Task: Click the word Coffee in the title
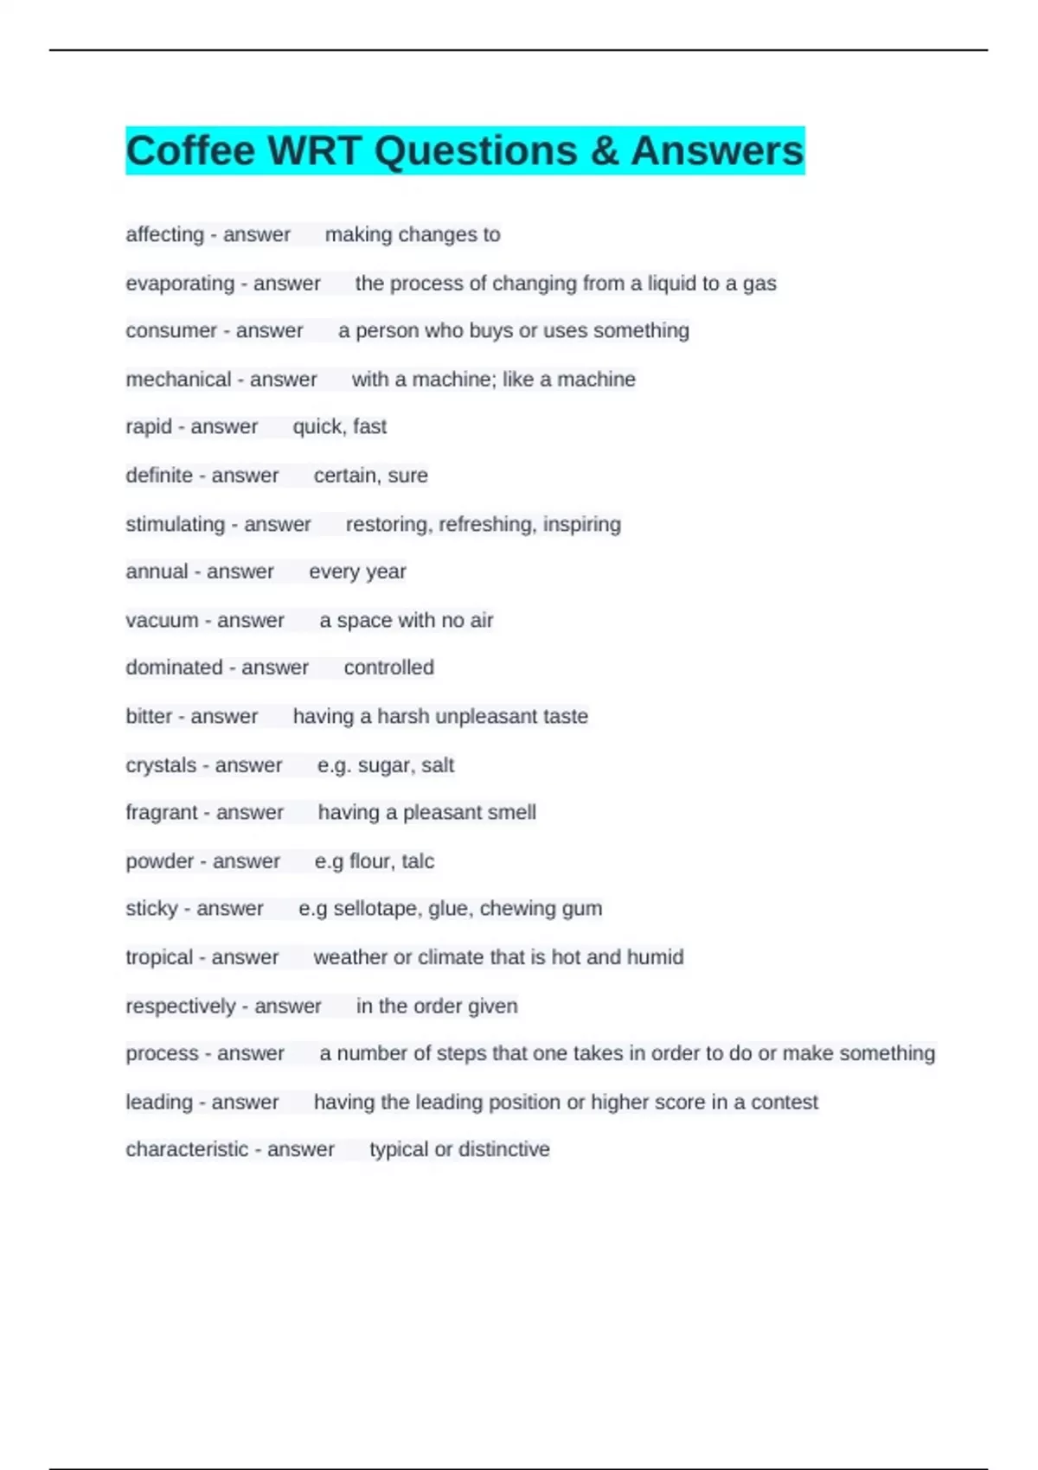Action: coord(190,151)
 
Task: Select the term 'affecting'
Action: coord(164,234)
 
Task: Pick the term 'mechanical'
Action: coord(178,380)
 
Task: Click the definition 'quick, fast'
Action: coord(339,426)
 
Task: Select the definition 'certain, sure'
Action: coord(370,476)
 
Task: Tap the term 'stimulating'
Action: coord(175,524)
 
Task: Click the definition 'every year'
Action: coord(357,572)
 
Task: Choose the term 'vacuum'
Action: coord(162,620)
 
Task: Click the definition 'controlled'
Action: coord(388,668)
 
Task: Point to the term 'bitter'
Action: coord(149,716)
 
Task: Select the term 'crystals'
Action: coord(161,765)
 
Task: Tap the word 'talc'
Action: coord(418,861)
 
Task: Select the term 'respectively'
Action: coord(180,1007)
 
